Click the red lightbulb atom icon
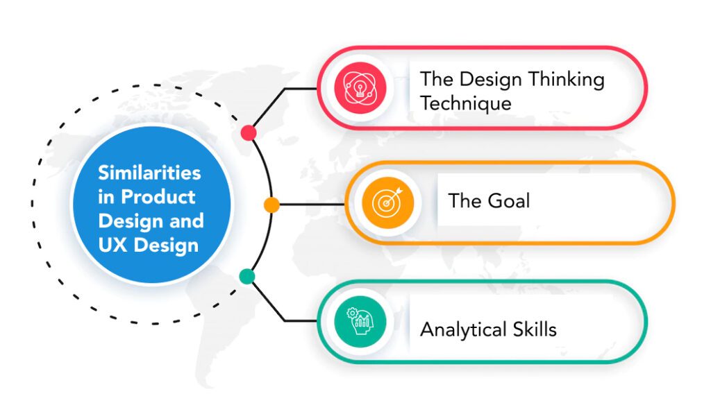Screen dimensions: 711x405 point(360,88)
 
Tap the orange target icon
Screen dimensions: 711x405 point(387,203)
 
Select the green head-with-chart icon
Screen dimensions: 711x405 point(360,322)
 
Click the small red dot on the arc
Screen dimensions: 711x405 point(249,132)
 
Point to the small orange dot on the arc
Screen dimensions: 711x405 point(271,205)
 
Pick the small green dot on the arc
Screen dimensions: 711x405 point(247,276)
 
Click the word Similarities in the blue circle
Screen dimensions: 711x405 point(149,173)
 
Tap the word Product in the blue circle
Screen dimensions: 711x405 point(158,197)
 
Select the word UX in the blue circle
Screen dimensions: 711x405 point(113,245)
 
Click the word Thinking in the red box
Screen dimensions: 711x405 point(566,80)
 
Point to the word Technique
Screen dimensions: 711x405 point(466,104)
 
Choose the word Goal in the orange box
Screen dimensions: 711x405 point(508,200)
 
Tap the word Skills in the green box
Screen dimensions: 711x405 point(535,329)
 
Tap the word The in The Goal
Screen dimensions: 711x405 point(465,200)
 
